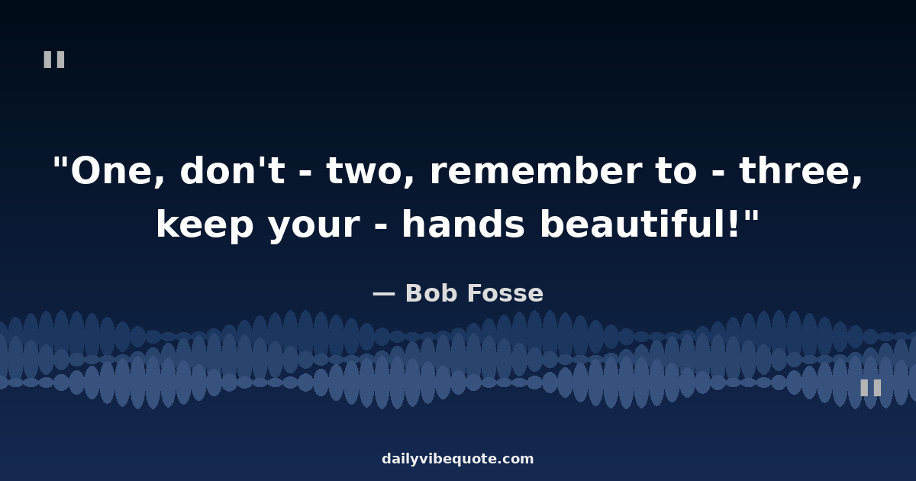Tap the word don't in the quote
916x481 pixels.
point(232,169)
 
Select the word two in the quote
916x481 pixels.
point(365,171)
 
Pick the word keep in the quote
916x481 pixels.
point(205,226)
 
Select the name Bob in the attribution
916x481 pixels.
point(431,293)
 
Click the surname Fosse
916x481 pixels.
point(505,293)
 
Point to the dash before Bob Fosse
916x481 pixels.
point(384,294)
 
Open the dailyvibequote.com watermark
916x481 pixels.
point(457,459)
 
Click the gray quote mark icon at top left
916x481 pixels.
point(54,60)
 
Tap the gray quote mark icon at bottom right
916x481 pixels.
point(871,387)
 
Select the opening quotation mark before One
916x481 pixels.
point(60,162)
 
